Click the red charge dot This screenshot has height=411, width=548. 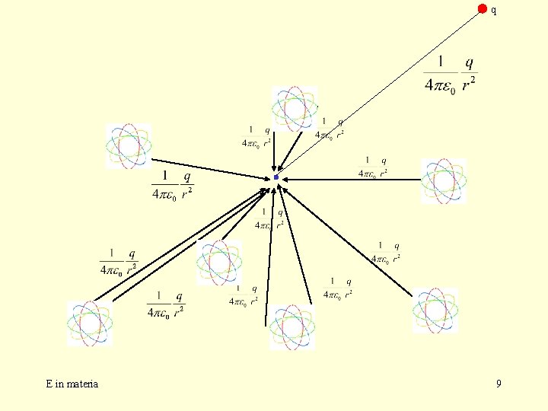482,8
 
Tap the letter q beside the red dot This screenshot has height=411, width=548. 493,11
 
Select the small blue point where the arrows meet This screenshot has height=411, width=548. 276,177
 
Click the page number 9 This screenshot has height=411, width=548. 499,384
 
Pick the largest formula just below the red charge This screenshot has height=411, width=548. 451,73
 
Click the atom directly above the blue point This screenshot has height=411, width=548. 295,108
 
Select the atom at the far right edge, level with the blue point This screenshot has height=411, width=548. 444,181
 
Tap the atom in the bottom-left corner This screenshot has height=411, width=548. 90,323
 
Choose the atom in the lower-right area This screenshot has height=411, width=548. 435,311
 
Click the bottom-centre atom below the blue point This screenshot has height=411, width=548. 291,327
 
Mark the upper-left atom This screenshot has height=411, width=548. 128,145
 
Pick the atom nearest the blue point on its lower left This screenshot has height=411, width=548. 219,262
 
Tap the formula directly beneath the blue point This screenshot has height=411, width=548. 271,218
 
